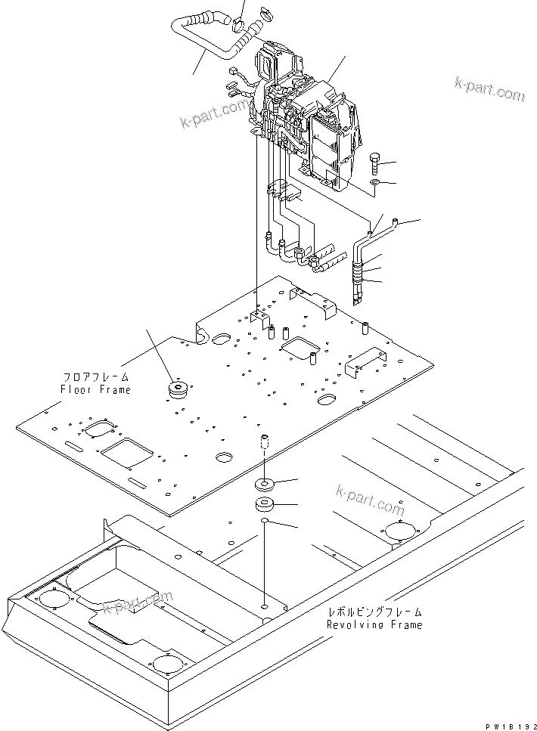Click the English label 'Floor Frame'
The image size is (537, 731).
[x=95, y=390]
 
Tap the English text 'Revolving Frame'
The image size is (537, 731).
[x=374, y=625]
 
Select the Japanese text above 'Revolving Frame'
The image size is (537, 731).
[x=374, y=612]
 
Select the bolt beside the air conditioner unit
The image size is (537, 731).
[x=376, y=163]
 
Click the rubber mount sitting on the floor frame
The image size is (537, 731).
[x=179, y=391]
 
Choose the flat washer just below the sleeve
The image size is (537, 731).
[x=266, y=482]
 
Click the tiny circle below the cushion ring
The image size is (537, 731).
[x=263, y=522]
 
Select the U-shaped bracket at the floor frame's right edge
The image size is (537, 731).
[x=362, y=367]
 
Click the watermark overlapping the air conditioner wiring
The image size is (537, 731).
[x=214, y=113]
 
